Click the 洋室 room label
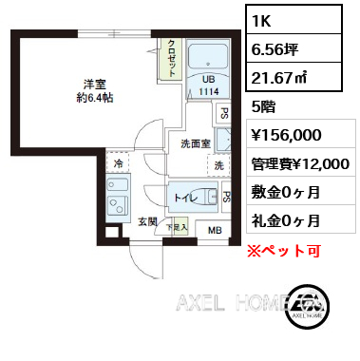coord(95,85)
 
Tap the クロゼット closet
coord(171,58)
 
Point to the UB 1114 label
coord(209,85)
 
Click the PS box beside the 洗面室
coord(223,113)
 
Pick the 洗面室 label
coord(196,143)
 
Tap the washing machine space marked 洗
coord(218,165)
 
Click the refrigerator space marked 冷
coord(118,163)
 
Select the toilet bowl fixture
coord(211,197)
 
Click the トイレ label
coord(186,199)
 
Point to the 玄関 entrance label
coord(147,221)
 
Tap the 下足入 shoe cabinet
coord(178,227)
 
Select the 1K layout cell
coord(294,20)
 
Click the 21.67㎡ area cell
coord(294,77)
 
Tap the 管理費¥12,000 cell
coord(301,163)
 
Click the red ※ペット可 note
coord(284,251)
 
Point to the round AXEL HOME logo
coord(307,306)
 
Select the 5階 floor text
coord(263,106)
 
